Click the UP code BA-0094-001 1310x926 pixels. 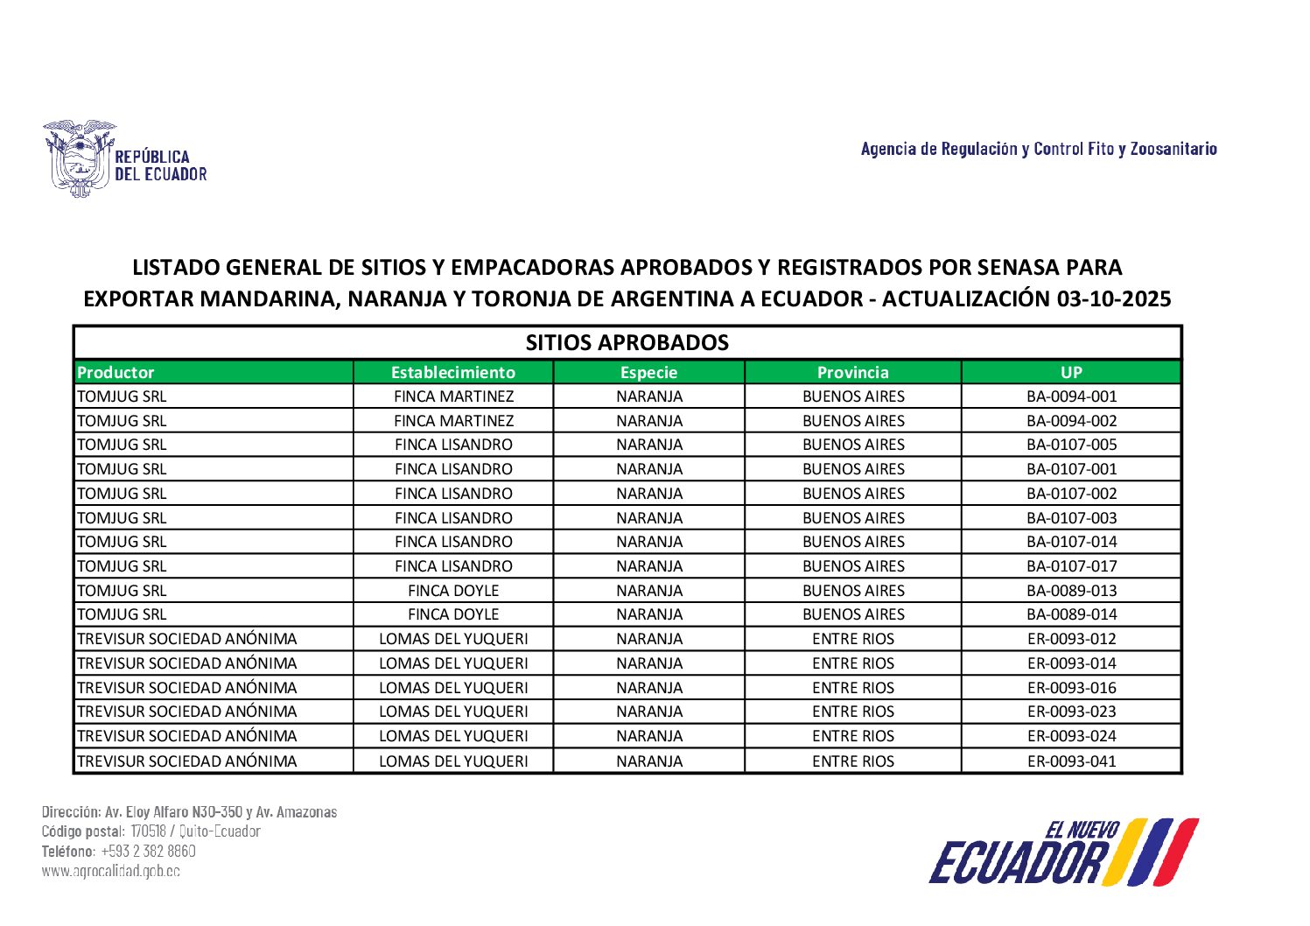(1071, 396)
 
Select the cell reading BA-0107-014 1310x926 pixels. (1071, 542)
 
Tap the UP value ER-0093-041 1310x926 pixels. (1071, 761)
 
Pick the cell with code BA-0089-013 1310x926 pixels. (1071, 591)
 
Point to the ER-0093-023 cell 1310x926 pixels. (1071, 712)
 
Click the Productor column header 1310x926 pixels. (116, 372)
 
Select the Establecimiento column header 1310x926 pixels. (452, 372)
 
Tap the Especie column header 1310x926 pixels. (648, 372)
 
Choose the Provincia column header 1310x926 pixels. (852, 372)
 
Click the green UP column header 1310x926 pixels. (1071, 372)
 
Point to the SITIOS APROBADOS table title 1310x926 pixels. (627, 342)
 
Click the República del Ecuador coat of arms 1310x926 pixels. (79, 158)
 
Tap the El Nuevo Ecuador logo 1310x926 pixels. (1062, 852)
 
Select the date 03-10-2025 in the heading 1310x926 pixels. (1113, 299)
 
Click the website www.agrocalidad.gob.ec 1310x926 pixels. (111, 871)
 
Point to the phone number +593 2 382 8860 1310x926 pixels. (148, 851)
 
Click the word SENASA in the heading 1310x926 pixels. (1003, 267)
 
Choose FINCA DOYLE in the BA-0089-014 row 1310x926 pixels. (452, 614)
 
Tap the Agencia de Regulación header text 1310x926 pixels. (1038, 149)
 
